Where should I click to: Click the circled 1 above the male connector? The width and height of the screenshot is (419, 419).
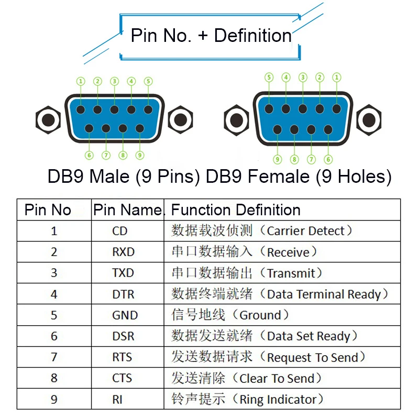[81, 81]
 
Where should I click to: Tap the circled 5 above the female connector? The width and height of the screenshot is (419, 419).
[269, 78]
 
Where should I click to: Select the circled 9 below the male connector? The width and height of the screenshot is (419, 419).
[140, 155]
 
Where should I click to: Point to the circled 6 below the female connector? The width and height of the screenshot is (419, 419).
[328, 160]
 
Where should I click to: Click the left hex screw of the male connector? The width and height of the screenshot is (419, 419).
[48, 120]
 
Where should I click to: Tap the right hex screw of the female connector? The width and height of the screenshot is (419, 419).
[369, 120]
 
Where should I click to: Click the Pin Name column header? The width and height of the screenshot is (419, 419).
[127, 210]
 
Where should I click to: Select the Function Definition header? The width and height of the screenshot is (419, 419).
[236, 210]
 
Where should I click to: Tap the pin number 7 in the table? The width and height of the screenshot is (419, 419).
[54, 357]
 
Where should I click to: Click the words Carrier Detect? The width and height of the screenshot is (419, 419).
[306, 231]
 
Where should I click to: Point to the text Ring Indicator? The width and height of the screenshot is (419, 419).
[278, 400]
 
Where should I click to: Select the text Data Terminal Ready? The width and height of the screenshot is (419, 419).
[324, 294]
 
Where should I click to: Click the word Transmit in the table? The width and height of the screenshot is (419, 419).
[291, 273]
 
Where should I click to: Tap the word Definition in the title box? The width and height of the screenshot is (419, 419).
[253, 35]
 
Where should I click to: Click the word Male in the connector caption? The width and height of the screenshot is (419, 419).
[109, 177]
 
